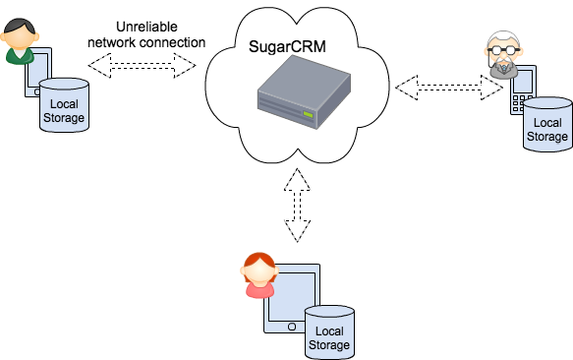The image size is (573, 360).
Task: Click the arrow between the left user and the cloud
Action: pos(143,66)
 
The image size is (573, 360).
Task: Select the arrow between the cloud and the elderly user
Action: pos(449,88)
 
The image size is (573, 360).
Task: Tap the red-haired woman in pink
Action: pos(258,275)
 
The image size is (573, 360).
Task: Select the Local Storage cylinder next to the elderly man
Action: pos(546,124)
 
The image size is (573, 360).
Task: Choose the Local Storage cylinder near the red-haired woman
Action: pos(328,330)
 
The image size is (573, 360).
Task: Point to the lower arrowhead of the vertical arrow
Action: pos(299,233)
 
